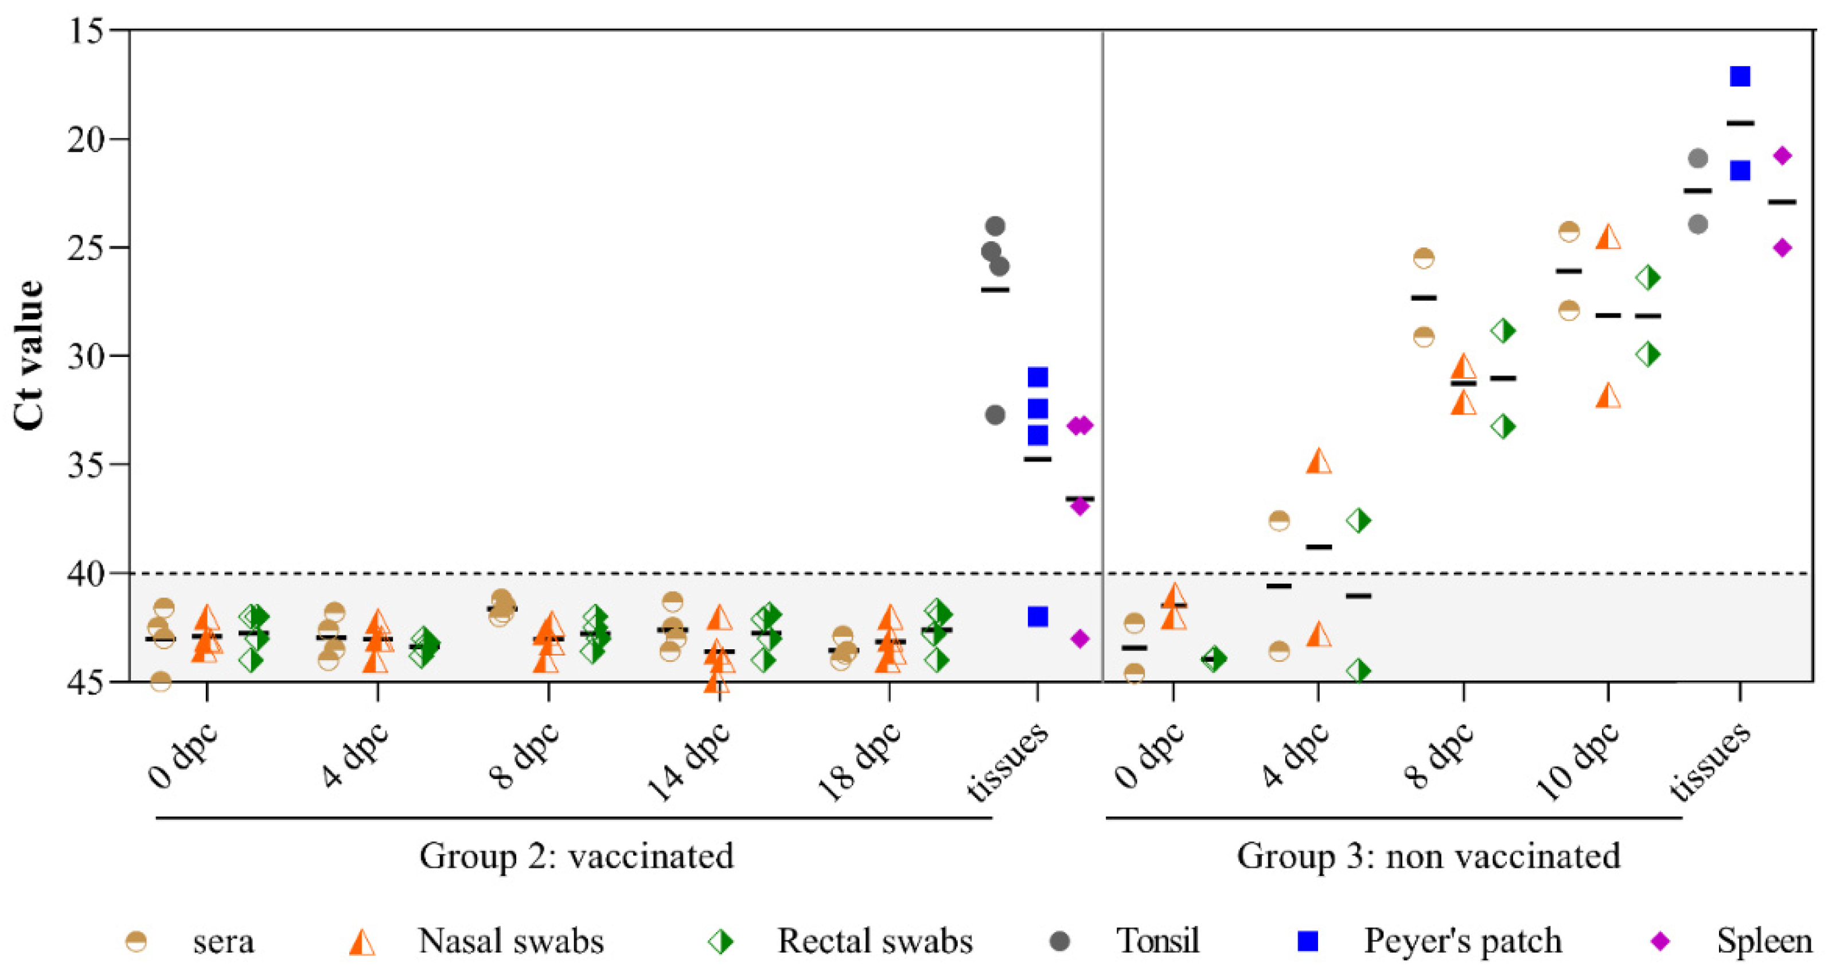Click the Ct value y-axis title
(29, 354)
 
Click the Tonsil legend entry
(1156, 941)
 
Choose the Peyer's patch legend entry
(1461, 941)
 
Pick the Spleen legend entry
(1764, 941)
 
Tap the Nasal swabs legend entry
(510, 941)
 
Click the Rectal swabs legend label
(874, 941)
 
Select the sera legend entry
(223, 941)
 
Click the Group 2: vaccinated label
(576, 856)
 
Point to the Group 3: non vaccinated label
(1428, 856)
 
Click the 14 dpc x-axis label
(688, 761)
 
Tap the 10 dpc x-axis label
(1577, 761)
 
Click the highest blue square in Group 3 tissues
(1740, 76)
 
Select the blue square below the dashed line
(1038, 617)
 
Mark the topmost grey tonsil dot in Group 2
(995, 226)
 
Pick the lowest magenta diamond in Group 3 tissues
(1782, 247)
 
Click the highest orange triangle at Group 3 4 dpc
(1319, 461)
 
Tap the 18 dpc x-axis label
(859, 761)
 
